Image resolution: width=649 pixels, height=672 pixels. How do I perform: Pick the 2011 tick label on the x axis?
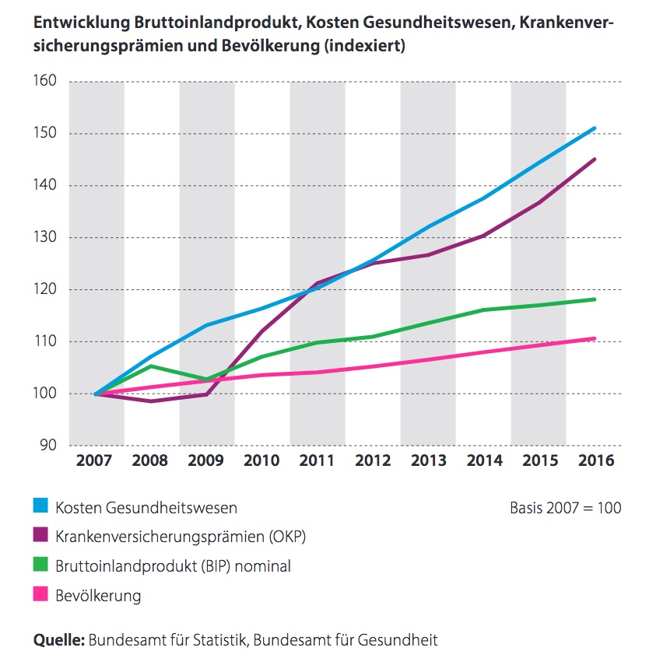coord(317,461)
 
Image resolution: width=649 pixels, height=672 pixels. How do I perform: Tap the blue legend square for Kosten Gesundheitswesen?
coord(40,508)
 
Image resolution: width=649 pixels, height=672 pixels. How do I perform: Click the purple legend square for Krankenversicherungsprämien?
coord(40,537)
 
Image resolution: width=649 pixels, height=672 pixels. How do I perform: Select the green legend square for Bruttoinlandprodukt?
coord(40,566)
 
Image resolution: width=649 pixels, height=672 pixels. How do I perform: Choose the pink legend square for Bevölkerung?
coord(40,596)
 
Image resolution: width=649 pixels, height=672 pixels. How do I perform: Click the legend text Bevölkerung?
coord(98,596)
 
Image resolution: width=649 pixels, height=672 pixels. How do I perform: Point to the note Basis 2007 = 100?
coord(565,508)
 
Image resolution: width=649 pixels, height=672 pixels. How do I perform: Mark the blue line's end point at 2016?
coord(595,128)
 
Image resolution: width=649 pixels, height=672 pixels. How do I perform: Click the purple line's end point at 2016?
coord(595,159)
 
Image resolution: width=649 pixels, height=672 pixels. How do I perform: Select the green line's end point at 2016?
coord(595,299)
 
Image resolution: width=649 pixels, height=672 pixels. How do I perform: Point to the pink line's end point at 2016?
coord(595,338)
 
